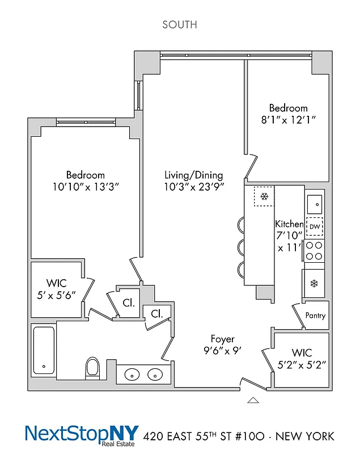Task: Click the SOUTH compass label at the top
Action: [180, 24]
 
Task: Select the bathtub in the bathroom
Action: [43, 350]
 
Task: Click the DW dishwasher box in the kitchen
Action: [315, 226]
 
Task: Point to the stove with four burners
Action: [314, 250]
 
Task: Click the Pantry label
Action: [315, 316]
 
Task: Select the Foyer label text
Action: [223, 339]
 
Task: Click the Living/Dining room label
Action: [193, 175]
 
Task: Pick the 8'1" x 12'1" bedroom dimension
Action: [288, 120]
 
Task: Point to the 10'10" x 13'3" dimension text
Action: [85, 187]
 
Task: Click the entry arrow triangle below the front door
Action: [253, 400]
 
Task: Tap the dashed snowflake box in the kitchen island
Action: [264, 197]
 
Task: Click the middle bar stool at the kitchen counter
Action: [240, 247]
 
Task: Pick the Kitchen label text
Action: [289, 224]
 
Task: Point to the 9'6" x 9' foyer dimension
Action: [223, 351]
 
